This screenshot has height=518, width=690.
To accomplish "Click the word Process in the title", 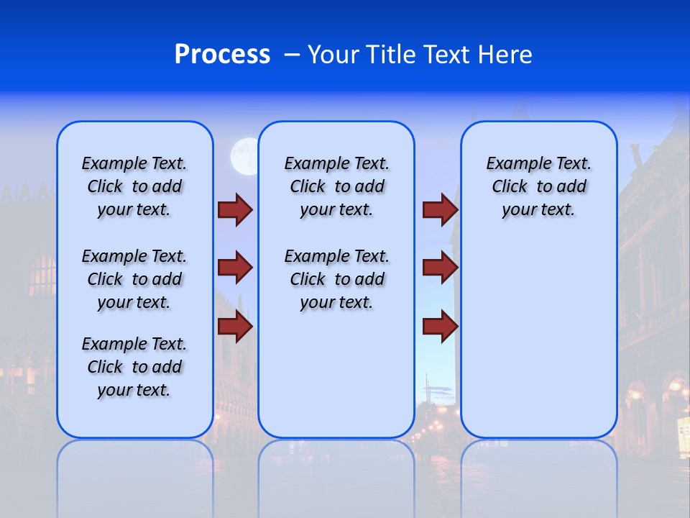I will pos(222,55).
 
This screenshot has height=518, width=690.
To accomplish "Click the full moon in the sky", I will pos(244,156).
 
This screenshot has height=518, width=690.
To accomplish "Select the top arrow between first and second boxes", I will pos(235,209).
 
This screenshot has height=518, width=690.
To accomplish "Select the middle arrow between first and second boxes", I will pos(235,268).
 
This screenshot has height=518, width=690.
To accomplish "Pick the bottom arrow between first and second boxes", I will pos(235,327).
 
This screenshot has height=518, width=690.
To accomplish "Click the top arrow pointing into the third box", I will pos(440,209).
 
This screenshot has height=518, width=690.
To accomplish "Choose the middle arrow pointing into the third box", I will pos(440,268).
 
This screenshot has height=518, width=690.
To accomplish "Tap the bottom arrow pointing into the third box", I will pos(440,327).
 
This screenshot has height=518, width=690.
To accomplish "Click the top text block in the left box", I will pos(134,186).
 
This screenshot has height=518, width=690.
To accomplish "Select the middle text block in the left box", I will pos(134,279).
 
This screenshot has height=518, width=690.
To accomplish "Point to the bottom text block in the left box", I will pos(134,367).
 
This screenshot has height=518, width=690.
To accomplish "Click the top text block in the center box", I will pos(336,186).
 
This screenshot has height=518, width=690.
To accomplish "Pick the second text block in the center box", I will pos(336,279).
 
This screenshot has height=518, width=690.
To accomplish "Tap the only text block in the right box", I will pos(539,186).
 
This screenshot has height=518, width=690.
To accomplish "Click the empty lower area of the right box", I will pos(539,345).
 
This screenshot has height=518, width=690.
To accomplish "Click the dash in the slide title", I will pos(292,55).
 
